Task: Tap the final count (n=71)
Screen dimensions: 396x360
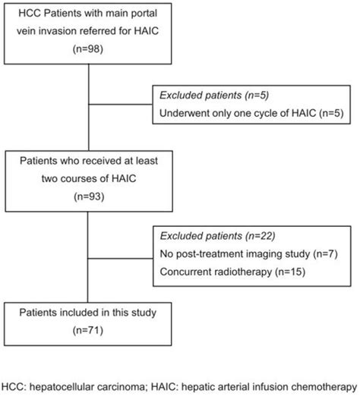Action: point(90,331)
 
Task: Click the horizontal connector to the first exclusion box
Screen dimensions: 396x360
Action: point(122,106)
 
